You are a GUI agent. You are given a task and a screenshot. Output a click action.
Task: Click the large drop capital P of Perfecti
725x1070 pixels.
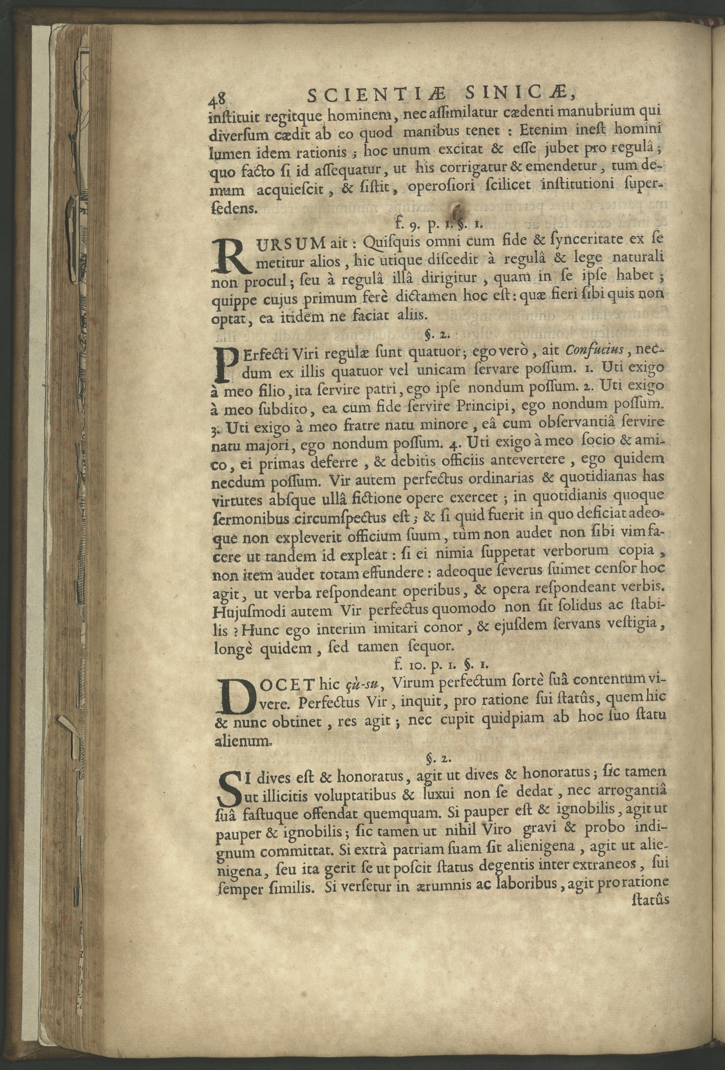[223, 364]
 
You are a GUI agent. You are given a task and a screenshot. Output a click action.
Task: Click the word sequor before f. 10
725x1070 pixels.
[427, 647]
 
